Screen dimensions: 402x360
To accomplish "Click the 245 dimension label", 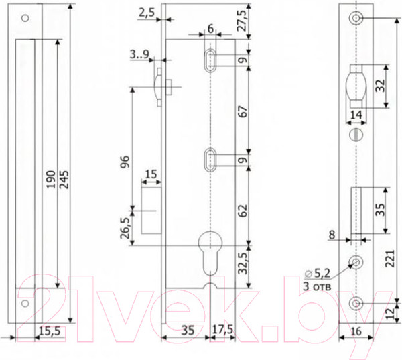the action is [64, 180].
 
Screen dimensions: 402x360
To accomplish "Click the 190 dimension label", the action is [51, 179].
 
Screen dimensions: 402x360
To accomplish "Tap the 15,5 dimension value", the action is [50, 331].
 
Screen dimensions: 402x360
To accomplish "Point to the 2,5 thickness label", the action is [147, 13].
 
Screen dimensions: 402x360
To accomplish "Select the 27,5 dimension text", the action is [242, 21].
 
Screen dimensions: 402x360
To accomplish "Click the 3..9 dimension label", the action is [139, 54].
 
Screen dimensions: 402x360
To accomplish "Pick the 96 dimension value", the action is [125, 162].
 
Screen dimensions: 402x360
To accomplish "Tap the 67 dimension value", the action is [243, 111].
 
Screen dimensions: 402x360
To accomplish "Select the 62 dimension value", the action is [243, 211].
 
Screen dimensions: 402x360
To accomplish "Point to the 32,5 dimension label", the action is [243, 263].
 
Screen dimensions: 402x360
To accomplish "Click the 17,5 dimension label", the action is [222, 329].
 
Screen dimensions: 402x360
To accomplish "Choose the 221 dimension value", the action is [390, 259].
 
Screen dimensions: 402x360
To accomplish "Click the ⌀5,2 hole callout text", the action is [318, 274].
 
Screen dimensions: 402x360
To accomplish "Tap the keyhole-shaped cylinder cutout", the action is [210, 253].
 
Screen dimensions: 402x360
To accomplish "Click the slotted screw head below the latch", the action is [356, 135].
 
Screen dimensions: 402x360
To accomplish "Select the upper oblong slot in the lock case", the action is [210, 60].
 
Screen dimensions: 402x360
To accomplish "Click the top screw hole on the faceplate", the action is [356, 19].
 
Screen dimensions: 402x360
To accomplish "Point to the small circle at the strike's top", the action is [25, 18].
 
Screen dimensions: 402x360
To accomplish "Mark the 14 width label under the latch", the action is [356, 115].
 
